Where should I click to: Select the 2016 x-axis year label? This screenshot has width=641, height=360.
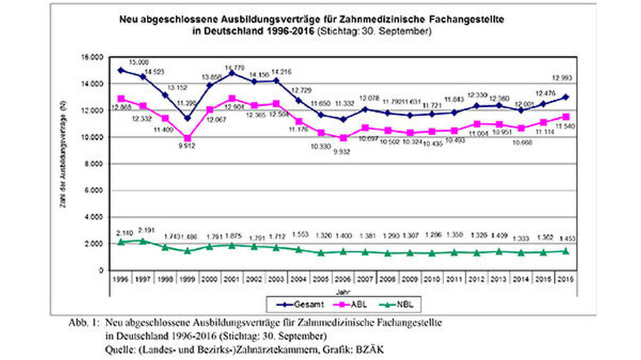(x=567, y=280)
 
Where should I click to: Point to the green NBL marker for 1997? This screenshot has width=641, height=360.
(x=142, y=241)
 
